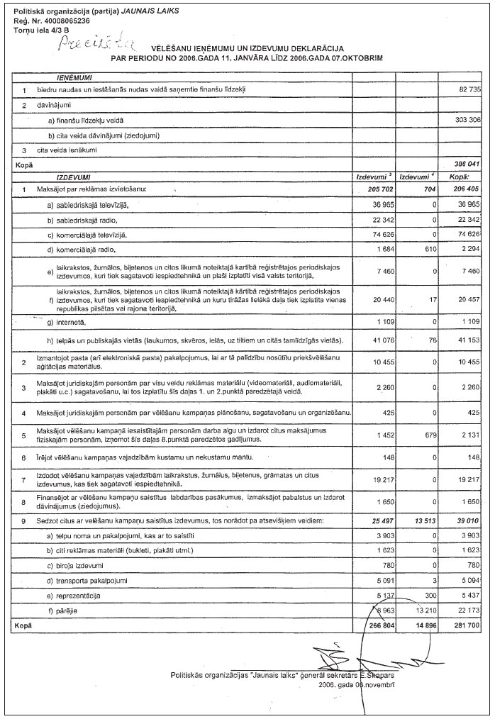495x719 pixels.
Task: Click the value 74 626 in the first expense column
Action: coord(375,234)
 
